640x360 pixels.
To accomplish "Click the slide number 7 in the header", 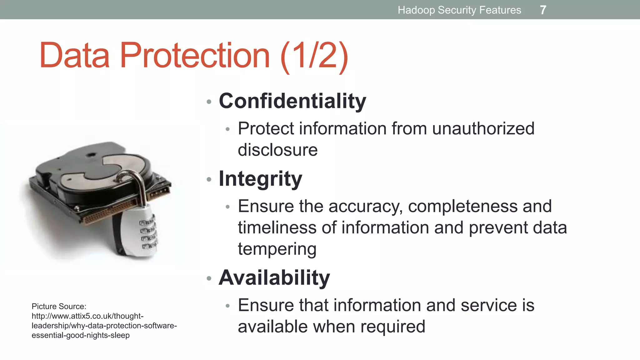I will point(543,10).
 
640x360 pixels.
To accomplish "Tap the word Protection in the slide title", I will point(194,56).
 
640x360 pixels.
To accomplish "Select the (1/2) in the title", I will point(314,56).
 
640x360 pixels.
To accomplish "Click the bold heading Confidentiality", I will point(292,101).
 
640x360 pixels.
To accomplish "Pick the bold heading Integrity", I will point(260,179).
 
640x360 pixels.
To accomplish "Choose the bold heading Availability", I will point(274,277).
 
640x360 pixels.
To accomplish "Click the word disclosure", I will point(277,150).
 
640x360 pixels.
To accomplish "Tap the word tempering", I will point(277,249).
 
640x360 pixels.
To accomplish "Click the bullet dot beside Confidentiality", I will point(209,102).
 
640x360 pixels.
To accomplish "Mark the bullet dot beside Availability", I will point(209,278).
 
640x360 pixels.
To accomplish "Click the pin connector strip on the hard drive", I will point(109,212).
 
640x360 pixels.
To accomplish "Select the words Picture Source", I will point(59,306).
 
